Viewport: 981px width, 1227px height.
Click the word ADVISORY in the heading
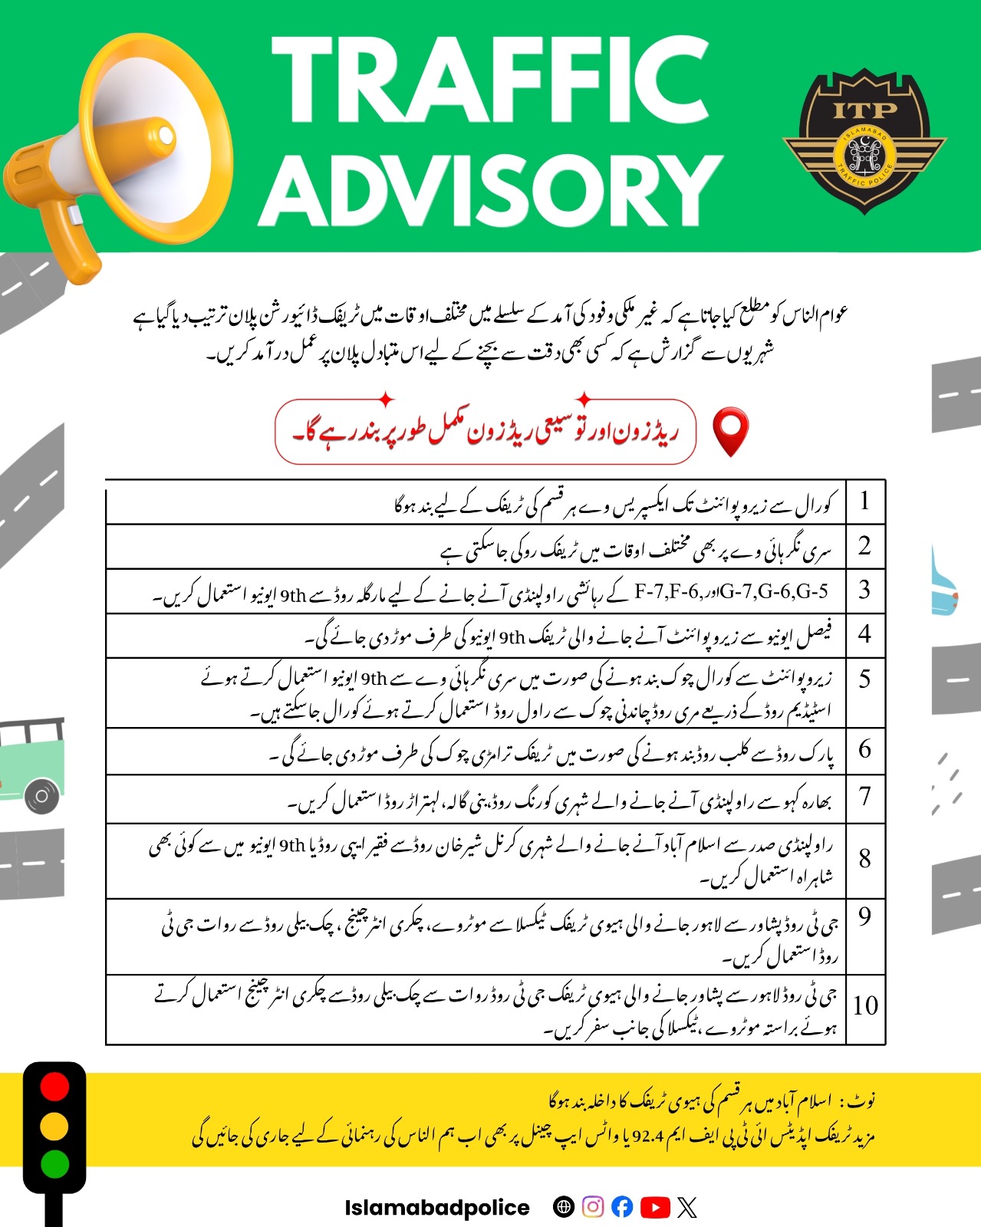(491, 189)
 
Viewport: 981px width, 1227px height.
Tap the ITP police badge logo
(864, 140)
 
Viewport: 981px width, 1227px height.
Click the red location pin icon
(730, 432)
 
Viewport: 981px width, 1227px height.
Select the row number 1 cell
(865, 502)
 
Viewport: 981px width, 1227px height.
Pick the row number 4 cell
(865, 634)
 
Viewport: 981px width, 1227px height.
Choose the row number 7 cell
(865, 798)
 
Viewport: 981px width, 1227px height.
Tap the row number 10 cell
(865, 1006)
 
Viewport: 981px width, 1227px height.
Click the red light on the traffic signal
(54, 1087)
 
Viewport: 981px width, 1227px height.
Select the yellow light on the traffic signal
(54, 1126)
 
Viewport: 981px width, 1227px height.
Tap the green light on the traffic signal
(54, 1164)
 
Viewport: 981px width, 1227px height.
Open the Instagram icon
(592, 1207)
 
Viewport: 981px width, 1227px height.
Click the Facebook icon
(623, 1207)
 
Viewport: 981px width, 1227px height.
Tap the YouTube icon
(655, 1207)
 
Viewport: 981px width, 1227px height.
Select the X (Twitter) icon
(687, 1208)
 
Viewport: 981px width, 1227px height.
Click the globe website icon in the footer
(563, 1207)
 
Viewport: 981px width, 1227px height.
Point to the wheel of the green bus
(42, 796)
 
